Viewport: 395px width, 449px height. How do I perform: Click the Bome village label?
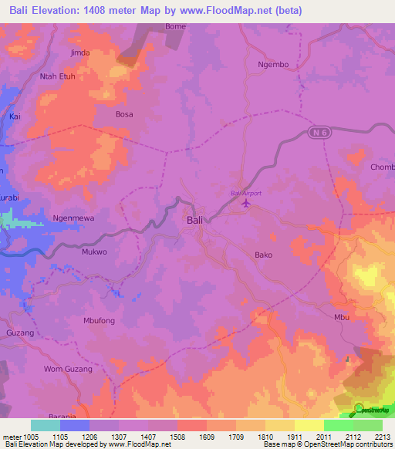176,26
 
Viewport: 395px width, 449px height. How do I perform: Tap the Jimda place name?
80,52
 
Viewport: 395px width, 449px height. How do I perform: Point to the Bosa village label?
124,114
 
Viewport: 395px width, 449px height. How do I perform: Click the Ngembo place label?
273,65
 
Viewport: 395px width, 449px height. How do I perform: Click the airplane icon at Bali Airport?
246,204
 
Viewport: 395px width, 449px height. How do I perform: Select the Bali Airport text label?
246,193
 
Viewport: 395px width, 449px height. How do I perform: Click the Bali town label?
196,220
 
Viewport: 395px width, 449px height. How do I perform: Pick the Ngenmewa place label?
73,218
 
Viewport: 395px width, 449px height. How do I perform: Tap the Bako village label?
263,254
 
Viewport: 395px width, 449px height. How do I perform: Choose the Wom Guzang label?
68,370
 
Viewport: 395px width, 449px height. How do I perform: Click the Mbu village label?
342,317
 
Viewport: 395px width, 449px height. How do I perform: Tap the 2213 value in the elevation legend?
383,436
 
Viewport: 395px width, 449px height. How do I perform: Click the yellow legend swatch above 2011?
309,425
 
